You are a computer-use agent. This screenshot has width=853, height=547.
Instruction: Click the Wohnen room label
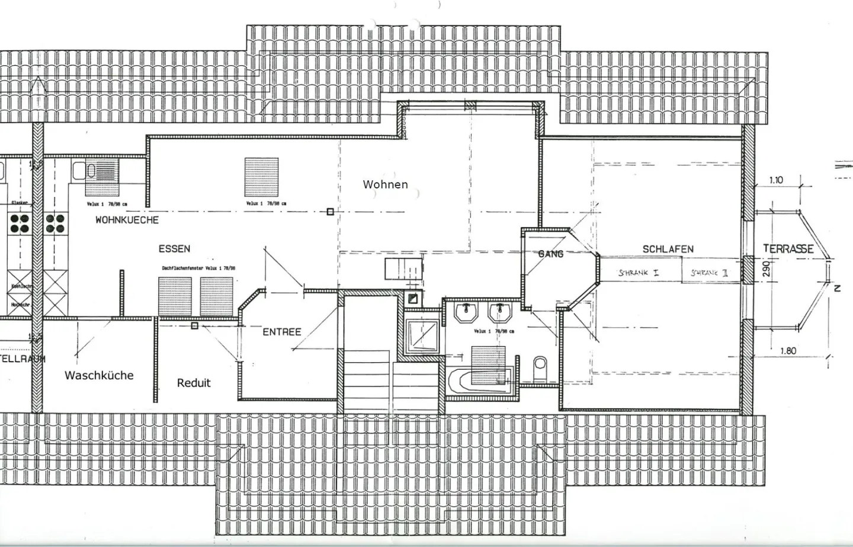385,184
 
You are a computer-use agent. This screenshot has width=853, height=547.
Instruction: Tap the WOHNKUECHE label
127,220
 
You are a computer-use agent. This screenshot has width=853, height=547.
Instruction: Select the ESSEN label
174,249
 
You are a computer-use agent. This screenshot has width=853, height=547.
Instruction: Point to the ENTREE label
281,332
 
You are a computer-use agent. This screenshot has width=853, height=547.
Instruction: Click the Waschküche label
99,375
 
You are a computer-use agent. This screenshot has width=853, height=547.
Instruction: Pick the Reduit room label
194,383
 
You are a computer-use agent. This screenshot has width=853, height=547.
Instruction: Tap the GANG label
550,254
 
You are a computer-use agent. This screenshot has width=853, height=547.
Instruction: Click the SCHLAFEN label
668,249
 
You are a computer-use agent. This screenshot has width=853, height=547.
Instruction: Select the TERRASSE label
788,249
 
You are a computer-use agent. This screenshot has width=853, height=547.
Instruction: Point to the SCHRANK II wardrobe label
710,273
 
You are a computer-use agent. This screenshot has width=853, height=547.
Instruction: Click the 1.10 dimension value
775,180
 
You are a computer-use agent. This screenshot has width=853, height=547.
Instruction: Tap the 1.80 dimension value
787,350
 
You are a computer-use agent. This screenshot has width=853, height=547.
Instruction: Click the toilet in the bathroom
540,369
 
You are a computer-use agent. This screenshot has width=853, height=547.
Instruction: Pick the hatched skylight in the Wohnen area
261,177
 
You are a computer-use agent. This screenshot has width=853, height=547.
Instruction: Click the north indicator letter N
837,289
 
